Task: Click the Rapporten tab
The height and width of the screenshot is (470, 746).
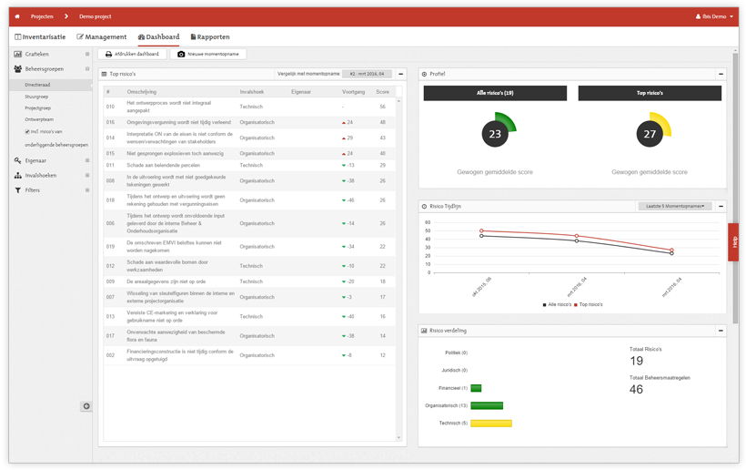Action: pos(210,36)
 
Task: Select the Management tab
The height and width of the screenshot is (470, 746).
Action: pos(102,36)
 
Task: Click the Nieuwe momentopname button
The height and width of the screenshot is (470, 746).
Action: pos(207,54)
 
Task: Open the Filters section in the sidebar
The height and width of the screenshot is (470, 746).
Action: pos(33,190)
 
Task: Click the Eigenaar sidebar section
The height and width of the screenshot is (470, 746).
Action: pos(35,160)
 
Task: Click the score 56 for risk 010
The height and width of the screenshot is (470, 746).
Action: pos(382,107)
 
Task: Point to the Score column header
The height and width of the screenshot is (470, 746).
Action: pos(382,92)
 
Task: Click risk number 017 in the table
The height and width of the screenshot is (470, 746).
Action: pos(110,336)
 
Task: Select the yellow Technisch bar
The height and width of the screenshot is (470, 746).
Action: pos(491,423)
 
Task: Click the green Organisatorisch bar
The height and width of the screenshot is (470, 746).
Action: pos(487,405)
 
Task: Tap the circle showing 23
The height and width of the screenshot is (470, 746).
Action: pos(495,134)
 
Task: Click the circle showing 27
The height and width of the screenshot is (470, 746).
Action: pos(650,134)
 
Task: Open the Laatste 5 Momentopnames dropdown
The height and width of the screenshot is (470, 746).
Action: pos(676,207)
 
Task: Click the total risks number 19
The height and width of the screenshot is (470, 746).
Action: pos(637,361)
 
